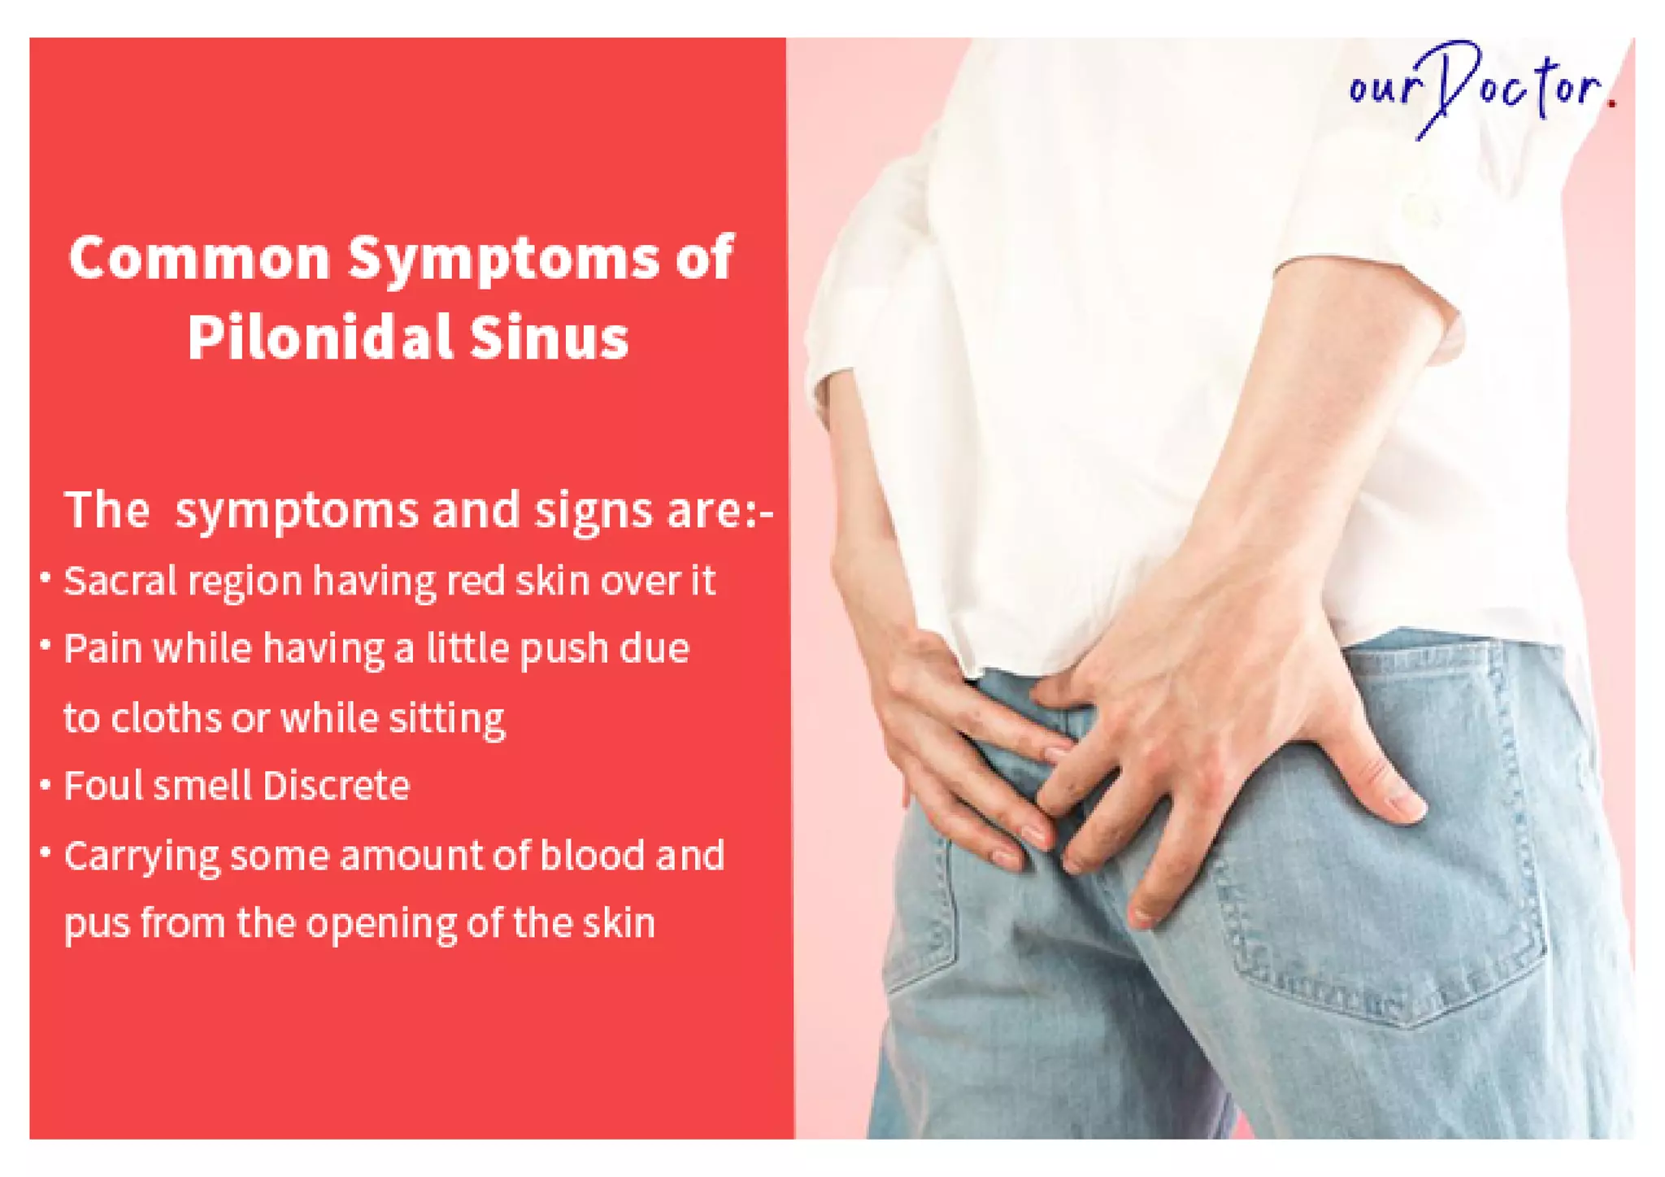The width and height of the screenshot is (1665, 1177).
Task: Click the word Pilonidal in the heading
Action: (320, 337)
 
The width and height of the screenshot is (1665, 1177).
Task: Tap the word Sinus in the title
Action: (550, 337)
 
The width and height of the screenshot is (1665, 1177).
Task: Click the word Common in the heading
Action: (200, 258)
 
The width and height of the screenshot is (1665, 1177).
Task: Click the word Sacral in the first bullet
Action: (120, 581)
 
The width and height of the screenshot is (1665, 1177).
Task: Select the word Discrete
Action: (336, 786)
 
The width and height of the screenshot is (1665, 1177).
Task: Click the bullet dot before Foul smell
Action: (46, 785)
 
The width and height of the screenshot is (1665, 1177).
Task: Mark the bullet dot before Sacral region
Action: (46, 578)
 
